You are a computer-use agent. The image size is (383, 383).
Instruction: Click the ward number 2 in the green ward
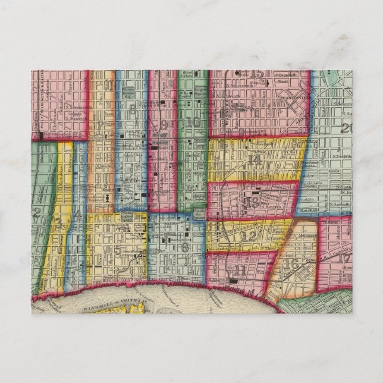pos(37,211)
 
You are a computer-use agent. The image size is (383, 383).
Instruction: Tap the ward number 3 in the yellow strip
pos(58,223)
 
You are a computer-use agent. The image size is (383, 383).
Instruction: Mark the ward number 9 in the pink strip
pos(162,124)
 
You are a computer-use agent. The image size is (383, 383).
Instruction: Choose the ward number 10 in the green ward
pos(192,123)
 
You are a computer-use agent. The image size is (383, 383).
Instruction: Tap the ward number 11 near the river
pos(240,271)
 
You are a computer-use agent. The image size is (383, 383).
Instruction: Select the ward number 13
pos(250,203)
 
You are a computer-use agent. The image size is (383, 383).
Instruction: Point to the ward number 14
pos(256,159)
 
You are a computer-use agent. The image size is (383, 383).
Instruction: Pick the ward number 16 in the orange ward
pos(291,263)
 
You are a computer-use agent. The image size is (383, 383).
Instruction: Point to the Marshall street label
pos(306,211)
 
